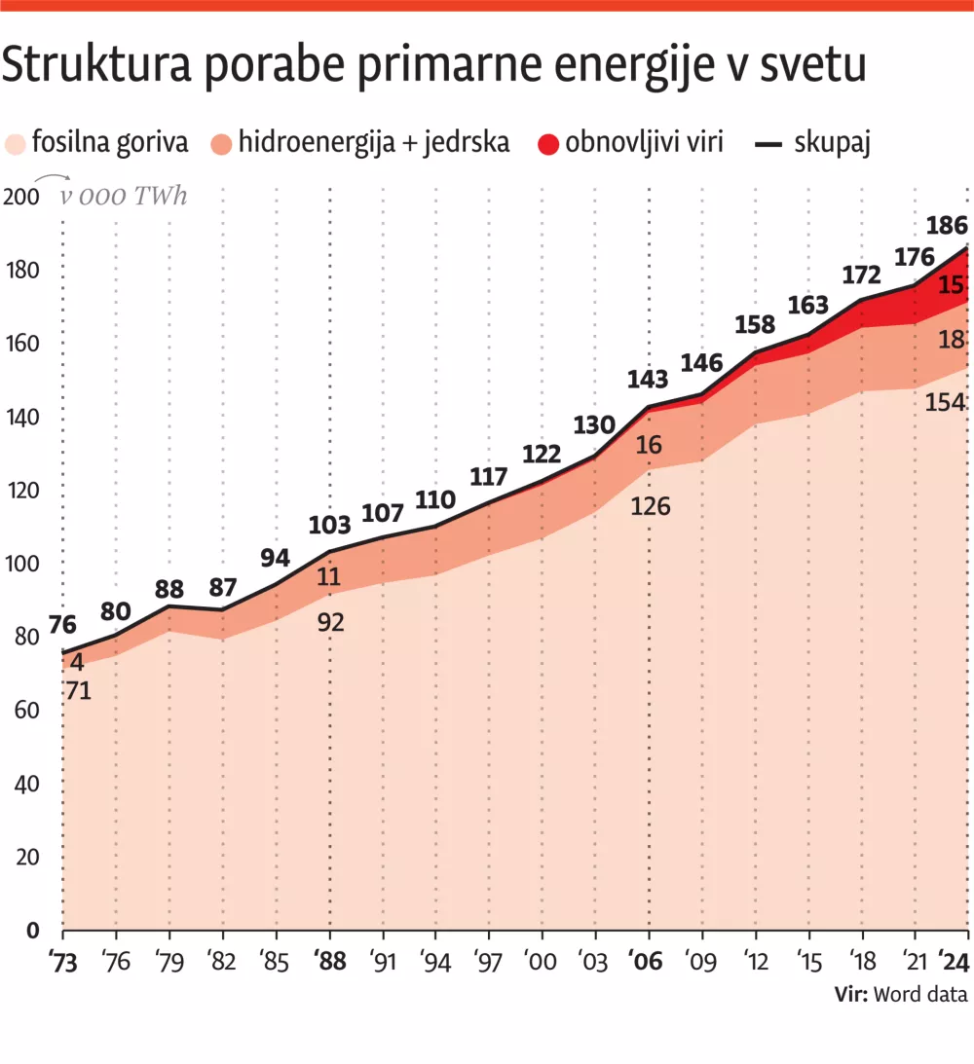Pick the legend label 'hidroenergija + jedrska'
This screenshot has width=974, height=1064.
374,143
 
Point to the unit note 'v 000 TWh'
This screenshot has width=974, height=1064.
124,196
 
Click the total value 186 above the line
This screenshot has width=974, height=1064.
947,226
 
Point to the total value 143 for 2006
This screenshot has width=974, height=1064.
648,379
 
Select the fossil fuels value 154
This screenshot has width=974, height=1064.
946,402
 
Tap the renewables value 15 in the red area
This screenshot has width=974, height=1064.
952,284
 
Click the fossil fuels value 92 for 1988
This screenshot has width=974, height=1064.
331,622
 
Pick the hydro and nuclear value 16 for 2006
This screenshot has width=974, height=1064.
648,445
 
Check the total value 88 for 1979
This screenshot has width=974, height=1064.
169,589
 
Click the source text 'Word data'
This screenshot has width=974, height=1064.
920,994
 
